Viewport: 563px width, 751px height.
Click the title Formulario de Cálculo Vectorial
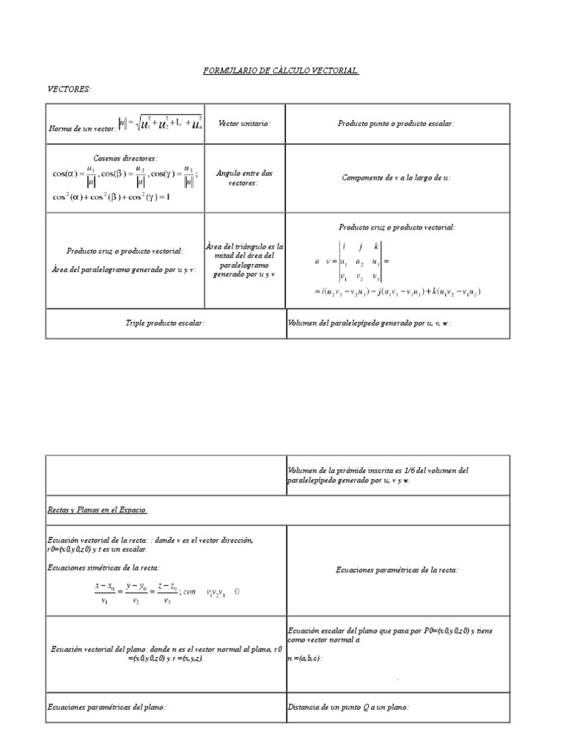coord(281,70)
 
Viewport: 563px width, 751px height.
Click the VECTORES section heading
coord(70,89)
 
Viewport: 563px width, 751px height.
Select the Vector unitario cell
coord(244,124)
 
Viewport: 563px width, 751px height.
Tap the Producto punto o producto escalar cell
coord(396,124)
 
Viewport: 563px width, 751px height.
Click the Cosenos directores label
coord(125,158)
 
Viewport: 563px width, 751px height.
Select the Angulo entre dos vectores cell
coord(244,177)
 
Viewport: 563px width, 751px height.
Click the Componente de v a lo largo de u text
coord(396,177)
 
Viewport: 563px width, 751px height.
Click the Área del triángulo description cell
coord(244,261)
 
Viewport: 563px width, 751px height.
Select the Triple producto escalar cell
coord(165,323)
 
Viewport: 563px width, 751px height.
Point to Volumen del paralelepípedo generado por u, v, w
coord(369,323)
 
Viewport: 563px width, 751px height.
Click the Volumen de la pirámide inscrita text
coord(378,475)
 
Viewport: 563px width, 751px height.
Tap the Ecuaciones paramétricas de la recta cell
coord(396,569)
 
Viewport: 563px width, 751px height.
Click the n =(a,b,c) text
coord(305,658)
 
